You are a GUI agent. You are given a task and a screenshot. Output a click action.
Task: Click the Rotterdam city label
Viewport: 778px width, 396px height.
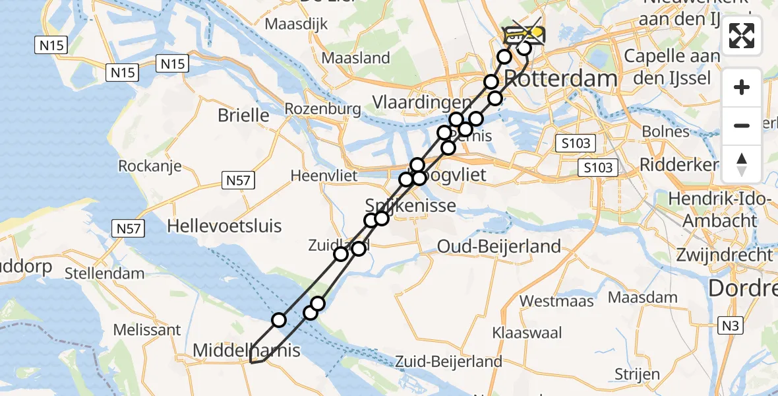point(561,79)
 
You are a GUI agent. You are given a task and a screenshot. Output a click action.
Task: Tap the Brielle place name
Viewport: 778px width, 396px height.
point(243,115)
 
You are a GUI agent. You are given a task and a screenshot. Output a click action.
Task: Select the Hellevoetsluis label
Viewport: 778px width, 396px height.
point(224,226)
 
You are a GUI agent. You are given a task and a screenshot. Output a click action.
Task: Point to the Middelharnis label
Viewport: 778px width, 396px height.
point(246,350)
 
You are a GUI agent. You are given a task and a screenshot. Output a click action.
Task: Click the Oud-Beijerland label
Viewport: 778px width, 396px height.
point(499,247)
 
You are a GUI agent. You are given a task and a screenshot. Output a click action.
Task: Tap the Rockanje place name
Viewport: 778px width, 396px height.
point(150,166)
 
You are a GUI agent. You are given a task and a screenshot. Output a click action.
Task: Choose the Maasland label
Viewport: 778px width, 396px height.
point(356,58)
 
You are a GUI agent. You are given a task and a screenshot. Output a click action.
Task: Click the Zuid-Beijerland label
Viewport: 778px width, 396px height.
point(448,361)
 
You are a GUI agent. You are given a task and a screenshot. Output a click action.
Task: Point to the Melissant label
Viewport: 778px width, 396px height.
point(147,329)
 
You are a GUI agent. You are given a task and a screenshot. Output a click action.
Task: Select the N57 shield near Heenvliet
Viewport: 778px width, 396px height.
point(239,180)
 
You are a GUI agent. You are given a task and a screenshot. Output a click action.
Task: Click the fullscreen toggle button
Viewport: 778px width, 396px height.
point(742,36)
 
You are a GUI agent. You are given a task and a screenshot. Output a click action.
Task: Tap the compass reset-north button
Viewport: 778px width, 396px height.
point(742,165)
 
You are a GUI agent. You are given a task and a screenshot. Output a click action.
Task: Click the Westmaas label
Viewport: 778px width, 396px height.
point(556,301)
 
